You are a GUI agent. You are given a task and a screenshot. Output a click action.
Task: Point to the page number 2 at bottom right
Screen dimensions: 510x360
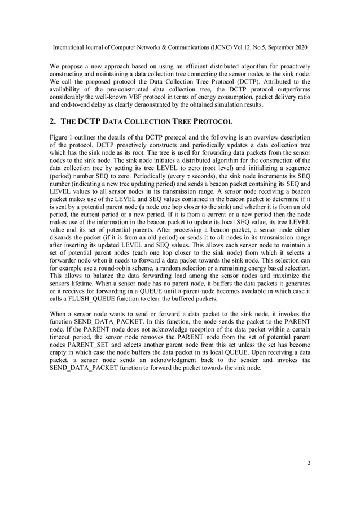(309, 464)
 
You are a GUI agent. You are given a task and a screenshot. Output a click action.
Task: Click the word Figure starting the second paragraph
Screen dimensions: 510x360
(59, 137)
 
